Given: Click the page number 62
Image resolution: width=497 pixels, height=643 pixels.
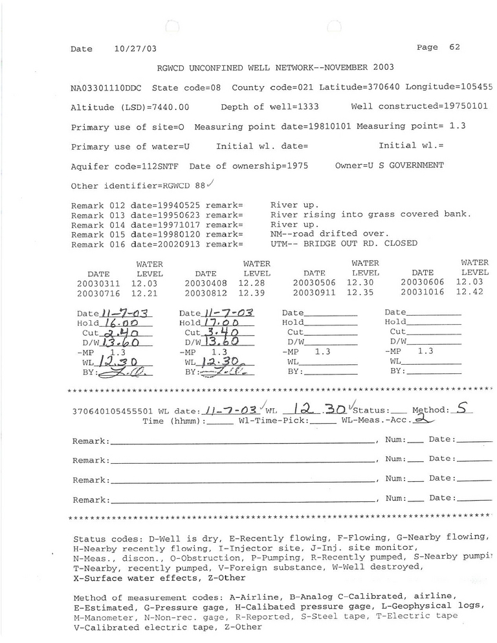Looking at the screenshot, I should point(454,47).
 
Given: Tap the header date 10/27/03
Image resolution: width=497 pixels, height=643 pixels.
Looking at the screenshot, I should point(135,49).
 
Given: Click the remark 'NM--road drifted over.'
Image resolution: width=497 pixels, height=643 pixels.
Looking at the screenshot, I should point(330,234).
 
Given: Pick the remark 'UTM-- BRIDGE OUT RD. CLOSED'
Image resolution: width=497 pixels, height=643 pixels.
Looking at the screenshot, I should point(344,243).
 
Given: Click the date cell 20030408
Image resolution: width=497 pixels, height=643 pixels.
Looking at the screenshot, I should point(206,283).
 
